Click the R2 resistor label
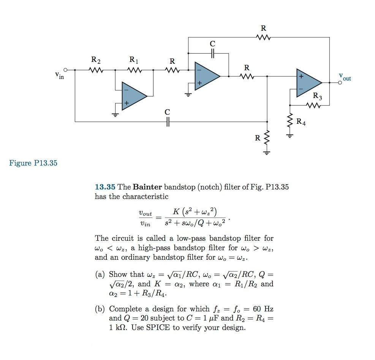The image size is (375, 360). tap(96, 60)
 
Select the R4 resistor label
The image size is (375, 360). tap(301, 122)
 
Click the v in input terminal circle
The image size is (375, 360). tap(65, 70)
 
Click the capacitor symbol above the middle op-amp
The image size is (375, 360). tap(212, 54)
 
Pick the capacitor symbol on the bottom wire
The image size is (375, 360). tap(168, 122)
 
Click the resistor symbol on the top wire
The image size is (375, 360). tap(263, 37)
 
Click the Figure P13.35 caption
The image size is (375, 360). tap(33, 163)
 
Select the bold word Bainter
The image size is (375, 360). tap(147, 187)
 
